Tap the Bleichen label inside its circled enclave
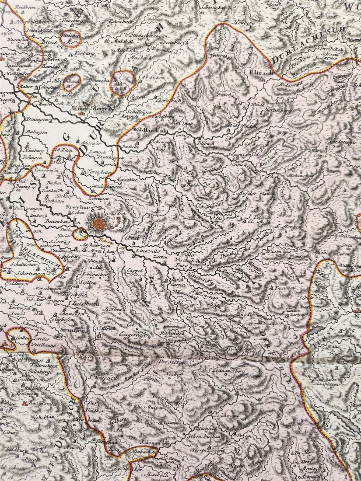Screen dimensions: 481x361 (70, 37)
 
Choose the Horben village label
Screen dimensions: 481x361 (112, 308)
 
